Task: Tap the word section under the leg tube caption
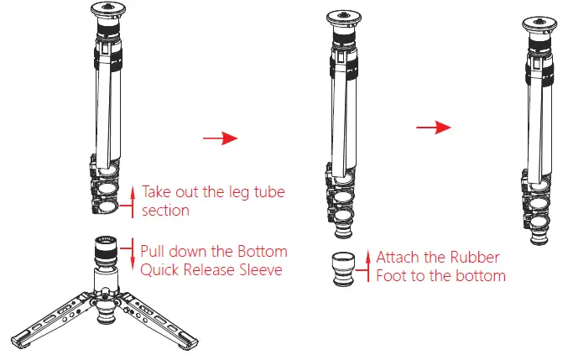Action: click(x=165, y=210)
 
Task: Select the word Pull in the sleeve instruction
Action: click(x=154, y=252)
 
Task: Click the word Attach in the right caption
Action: click(x=398, y=257)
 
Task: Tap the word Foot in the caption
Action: click(x=391, y=276)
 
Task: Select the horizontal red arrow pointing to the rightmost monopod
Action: click(x=435, y=127)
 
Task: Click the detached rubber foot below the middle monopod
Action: click(x=343, y=269)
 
